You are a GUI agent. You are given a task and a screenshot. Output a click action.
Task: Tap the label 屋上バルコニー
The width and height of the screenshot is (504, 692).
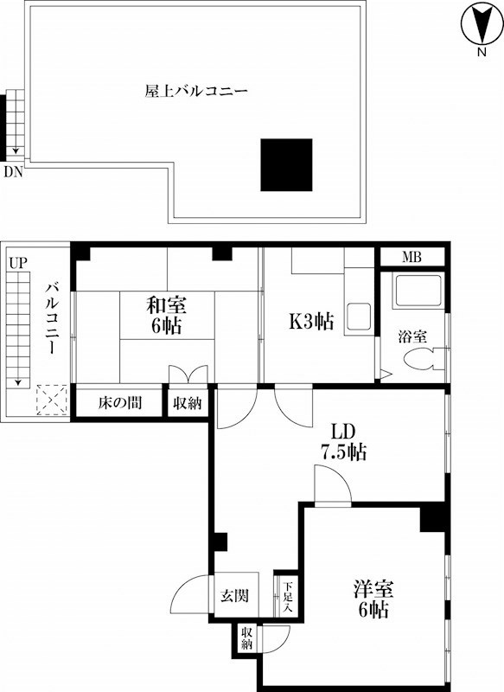tap(196, 92)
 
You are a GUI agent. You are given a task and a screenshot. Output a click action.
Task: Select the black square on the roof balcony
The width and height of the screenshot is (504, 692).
tap(286, 165)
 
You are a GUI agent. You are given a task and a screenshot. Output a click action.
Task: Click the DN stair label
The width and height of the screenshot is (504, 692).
tap(13, 171)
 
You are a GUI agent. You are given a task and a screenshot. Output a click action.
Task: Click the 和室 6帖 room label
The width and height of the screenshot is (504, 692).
tap(166, 315)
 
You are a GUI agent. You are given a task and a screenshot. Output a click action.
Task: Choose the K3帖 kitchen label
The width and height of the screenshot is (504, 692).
tap(311, 321)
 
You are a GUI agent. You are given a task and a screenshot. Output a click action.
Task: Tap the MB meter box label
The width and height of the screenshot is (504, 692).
tap(411, 257)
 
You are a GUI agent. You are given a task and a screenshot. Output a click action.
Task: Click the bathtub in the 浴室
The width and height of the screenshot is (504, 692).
tap(418, 290)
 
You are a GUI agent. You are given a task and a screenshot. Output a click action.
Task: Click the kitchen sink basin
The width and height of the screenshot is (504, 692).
tap(359, 316)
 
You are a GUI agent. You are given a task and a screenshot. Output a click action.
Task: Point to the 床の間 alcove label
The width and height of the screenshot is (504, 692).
tap(120, 402)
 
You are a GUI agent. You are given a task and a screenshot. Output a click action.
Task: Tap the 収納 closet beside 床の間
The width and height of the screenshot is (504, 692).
tap(188, 402)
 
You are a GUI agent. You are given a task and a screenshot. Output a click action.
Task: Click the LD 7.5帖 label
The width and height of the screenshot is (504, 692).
tap(343, 442)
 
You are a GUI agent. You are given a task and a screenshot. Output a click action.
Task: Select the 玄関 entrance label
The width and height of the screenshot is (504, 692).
tap(234, 596)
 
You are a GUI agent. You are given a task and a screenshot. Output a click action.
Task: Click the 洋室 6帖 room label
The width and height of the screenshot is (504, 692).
tap(373, 599)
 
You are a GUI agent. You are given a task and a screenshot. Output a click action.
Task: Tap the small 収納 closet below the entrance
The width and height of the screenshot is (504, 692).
tap(246, 638)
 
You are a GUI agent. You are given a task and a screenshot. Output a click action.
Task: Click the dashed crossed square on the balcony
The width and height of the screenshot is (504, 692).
tap(52, 400)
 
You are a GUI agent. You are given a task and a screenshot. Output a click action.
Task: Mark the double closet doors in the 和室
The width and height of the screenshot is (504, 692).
tap(188, 375)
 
